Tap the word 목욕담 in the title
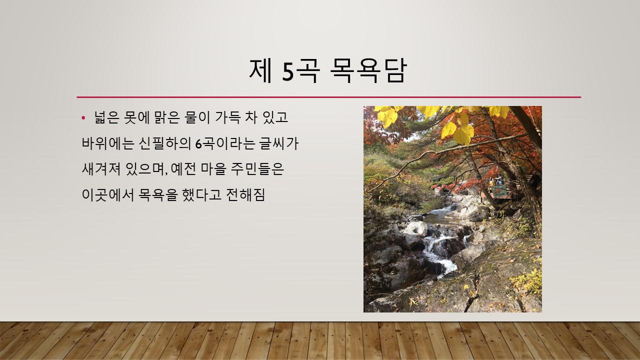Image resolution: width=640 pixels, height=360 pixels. pos(368,71)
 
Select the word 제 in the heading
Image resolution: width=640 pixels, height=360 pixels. pos(260,71)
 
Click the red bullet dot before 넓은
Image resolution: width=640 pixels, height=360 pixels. pos(83,117)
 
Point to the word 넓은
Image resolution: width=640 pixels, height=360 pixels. pos(106,117)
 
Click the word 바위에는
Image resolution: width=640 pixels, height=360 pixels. pos(107,143)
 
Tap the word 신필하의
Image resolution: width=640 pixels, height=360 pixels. pos(165,143)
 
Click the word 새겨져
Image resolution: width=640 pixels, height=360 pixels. pos(101,169)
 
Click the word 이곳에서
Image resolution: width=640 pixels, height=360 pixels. pos(107,195)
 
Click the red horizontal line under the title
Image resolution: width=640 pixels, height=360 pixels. pos(329,97)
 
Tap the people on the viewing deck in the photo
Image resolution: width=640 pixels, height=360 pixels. pos(497,180)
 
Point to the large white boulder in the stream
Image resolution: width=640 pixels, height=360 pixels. pos(416,228)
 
